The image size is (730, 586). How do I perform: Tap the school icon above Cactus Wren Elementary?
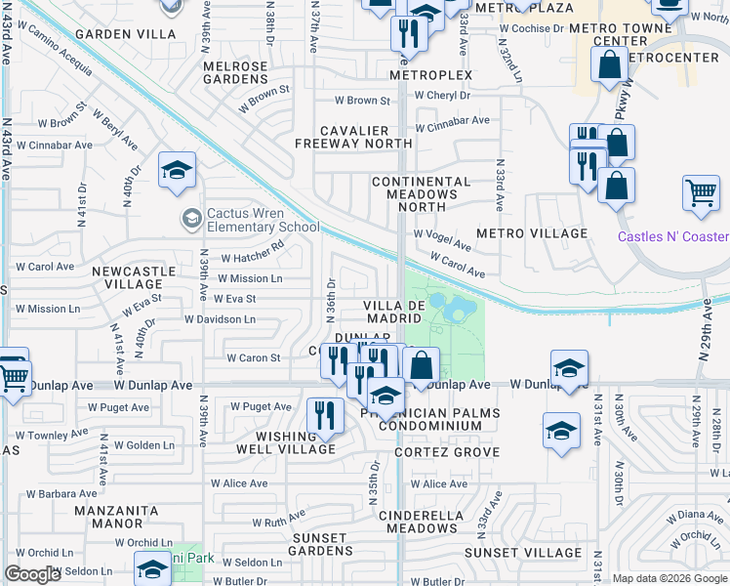coord(177,172)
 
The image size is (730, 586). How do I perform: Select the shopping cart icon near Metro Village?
coord(701,194)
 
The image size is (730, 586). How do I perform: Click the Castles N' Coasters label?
coord(673,237)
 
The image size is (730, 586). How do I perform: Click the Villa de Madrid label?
coord(394,313)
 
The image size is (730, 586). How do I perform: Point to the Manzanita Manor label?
coord(123,517)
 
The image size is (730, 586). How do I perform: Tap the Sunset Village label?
coord(525,553)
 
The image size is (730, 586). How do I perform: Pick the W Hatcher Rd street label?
coord(252,259)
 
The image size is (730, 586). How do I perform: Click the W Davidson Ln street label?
coord(220,319)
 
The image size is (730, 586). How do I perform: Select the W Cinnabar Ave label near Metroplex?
coord(452,127)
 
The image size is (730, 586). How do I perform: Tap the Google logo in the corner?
coord(32,574)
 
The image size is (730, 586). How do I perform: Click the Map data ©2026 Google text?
coord(669,578)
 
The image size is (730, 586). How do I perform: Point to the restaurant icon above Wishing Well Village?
coord(324,415)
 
